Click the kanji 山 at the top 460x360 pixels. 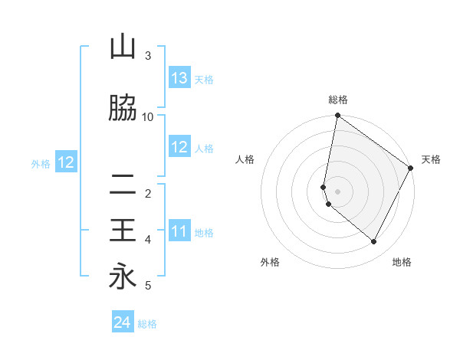pos(123,47)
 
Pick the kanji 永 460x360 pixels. pos(123,277)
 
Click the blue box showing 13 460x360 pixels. pos(179,78)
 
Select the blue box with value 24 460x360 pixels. pos(123,323)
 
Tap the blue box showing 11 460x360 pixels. pos(179,232)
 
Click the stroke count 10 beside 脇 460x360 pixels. pos(148,117)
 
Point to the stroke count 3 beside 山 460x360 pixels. pos(148,56)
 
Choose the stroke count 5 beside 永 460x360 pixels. pos(148,286)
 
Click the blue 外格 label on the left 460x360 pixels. pos(41,163)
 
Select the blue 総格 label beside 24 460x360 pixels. pos(147,324)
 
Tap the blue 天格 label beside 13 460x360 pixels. pos(204,79)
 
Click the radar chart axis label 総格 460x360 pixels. pos(338,100)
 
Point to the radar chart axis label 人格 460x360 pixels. pos(245,159)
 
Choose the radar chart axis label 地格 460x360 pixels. pos(402,262)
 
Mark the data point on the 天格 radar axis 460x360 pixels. pos(411,169)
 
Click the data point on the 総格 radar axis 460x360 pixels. pos(337,116)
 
